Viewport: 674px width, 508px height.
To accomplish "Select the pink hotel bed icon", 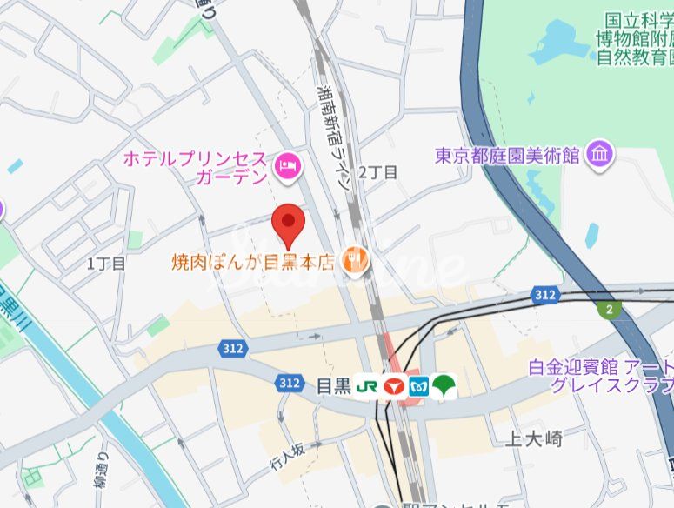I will click(x=287, y=164).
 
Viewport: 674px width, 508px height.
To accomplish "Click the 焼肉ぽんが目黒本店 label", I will click(x=252, y=260).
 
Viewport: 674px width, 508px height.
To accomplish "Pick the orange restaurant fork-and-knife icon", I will click(x=354, y=258).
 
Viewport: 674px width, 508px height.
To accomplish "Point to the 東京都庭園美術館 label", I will click(x=508, y=157).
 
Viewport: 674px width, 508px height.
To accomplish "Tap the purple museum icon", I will click(x=599, y=156).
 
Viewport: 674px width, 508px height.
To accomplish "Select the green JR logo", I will click(x=366, y=385).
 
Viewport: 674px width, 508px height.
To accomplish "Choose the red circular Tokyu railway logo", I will click(x=394, y=385).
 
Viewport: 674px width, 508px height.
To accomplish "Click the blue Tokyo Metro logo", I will click(x=419, y=385).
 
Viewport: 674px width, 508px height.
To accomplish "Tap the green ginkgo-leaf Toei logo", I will click(x=444, y=385).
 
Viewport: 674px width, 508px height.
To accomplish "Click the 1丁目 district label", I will click(x=107, y=262).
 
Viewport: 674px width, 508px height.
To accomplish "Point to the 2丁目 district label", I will click(x=377, y=172).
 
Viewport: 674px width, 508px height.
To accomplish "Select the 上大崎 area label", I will click(x=532, y=439).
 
